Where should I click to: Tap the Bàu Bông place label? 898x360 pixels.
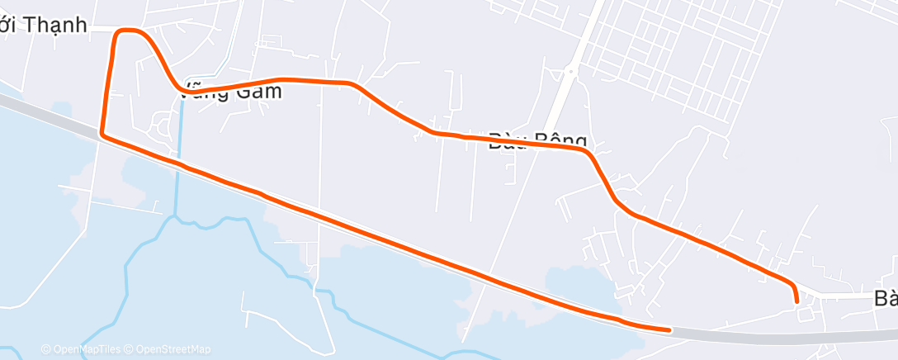pos(536,140)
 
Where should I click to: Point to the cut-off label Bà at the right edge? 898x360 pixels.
pos(886,299)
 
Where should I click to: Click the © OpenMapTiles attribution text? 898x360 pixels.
pos(86,349)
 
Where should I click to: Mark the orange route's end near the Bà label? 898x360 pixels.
pos(796,301)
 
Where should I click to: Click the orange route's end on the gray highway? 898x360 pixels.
pos(669,329)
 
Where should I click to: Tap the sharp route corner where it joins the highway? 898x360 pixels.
pos(102,132)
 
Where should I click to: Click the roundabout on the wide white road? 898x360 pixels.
pos(570,72)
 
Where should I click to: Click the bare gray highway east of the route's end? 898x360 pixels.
pos(784,337)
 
